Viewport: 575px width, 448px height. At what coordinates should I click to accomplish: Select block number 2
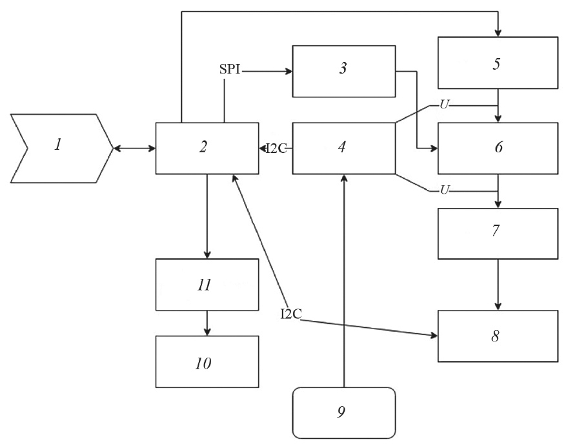[207, 148]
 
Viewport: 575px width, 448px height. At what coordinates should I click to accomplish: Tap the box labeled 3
[343, 71]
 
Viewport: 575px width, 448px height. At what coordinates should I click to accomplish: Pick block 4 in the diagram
[343, 148]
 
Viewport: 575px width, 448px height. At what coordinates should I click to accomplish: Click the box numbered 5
[498, 63]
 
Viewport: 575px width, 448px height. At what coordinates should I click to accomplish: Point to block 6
[498, 148]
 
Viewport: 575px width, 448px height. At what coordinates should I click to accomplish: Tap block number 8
[498, 336]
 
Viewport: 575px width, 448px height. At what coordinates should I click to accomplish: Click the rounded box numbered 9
[343, 412]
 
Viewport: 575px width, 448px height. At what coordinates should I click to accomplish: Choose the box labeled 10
[207, 361]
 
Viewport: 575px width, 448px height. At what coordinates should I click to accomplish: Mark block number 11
[207, 285]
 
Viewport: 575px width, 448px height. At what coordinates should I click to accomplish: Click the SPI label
[230, 70]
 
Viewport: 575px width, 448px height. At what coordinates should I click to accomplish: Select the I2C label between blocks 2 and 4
[276, 148]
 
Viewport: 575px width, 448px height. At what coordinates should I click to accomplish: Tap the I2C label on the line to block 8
[291, 314]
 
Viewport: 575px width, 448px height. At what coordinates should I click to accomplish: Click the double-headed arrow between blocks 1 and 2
[134, 148]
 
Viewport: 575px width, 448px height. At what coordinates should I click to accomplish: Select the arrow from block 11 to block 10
[207, 323]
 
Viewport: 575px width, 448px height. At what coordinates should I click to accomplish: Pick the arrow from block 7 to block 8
[498, 284]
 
